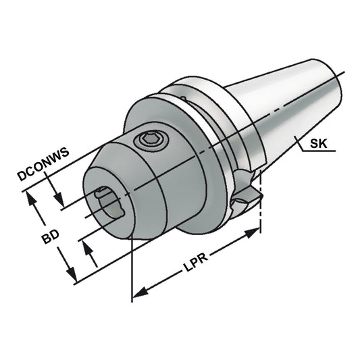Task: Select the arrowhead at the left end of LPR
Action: click(x=139, y=293)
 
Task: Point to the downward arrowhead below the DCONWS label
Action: click(x=60, y=201)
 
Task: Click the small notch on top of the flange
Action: click(x=184, y=99)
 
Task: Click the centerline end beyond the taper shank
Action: click(x=343, y=74)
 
